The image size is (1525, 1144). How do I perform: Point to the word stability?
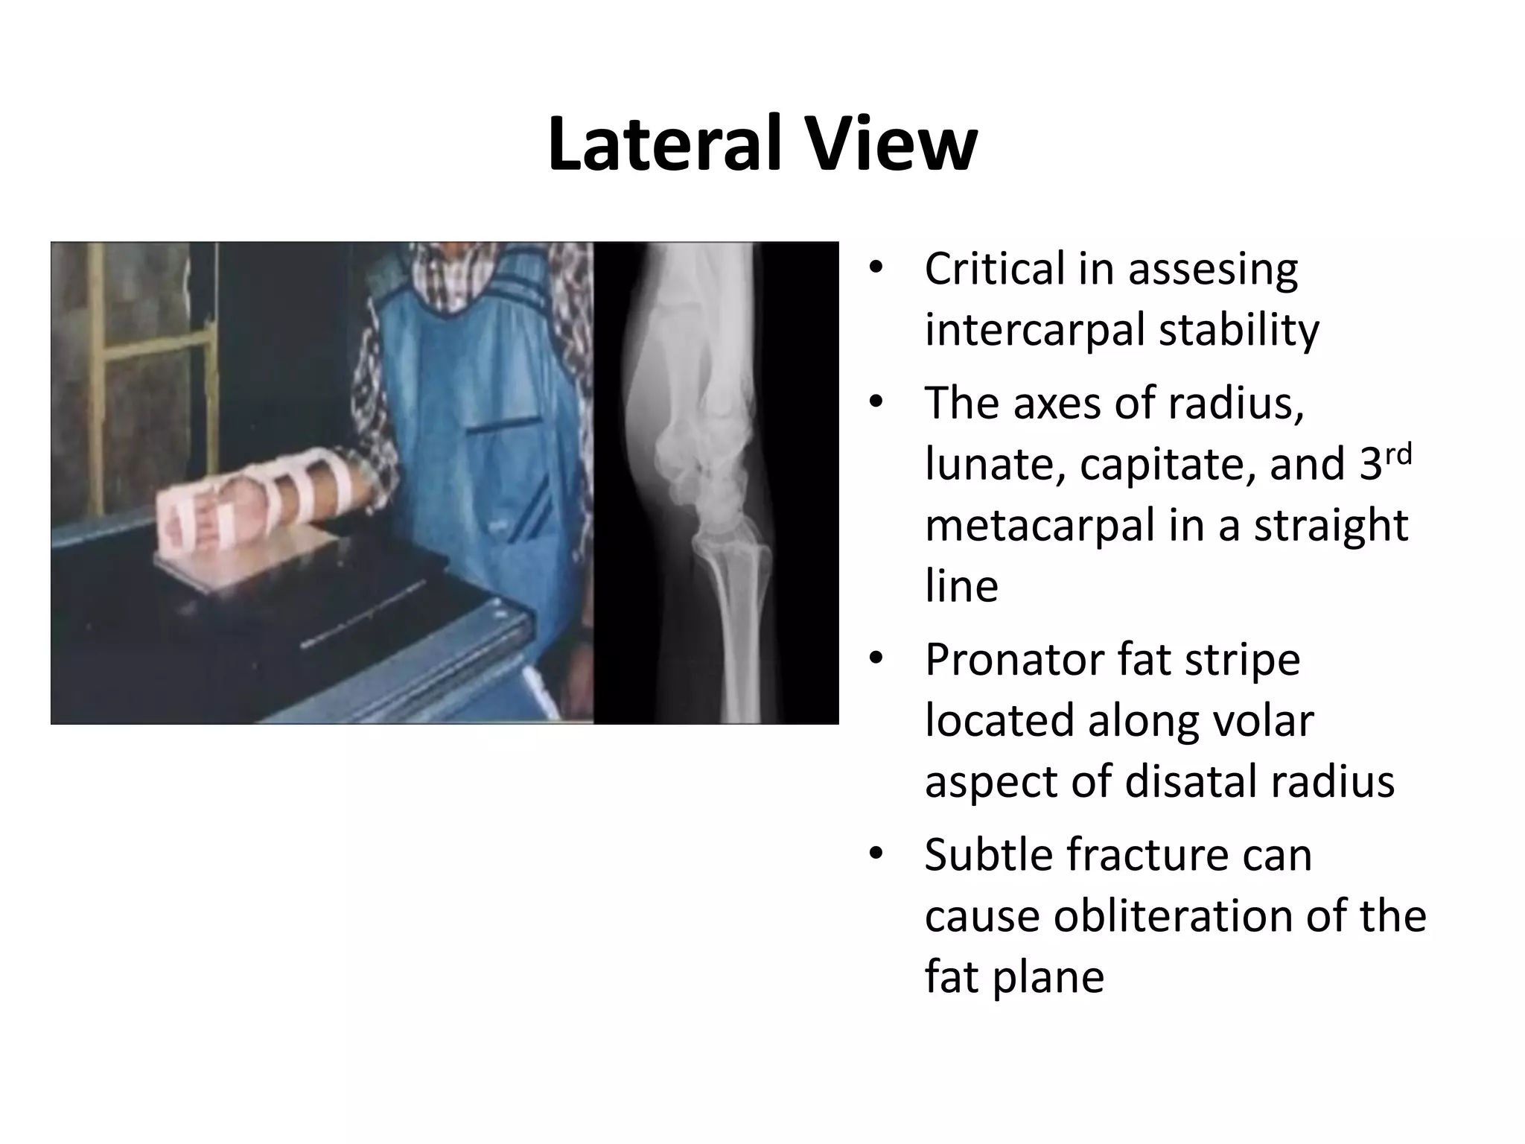click(x=1239, y=329)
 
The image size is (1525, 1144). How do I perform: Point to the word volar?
click(x=1267, y=721)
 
